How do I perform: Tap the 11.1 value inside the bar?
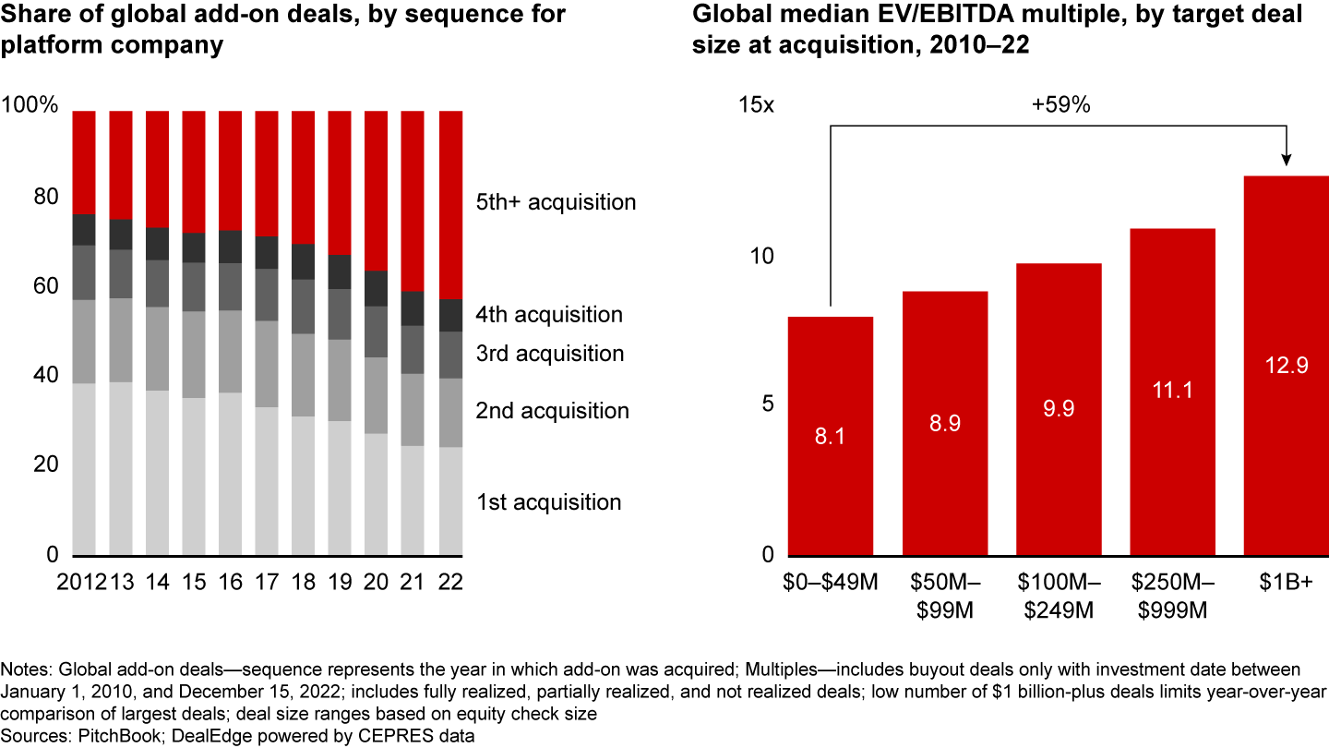(x=1172, y=390)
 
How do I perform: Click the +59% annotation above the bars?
(x=1060, y=105)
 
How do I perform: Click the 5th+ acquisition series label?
(x=556, y=202)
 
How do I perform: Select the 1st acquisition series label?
(x=548, y=502)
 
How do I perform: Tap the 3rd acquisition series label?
(x=549, y=354)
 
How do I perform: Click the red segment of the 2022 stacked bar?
(x=450, y=203)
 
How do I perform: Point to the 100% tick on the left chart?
(x=30, y=105)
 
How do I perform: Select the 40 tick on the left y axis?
(x=46, y=376)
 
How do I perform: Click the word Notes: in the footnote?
(x=26, y=668)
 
